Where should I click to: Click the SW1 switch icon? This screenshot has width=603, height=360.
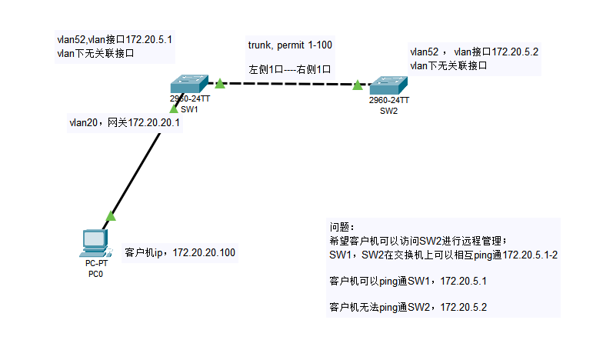pos(189,83)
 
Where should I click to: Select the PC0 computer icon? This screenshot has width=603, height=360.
pos(95,243)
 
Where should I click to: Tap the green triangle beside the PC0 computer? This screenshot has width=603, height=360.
pos(111,216)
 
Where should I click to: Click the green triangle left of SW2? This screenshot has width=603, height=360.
pos(358,85)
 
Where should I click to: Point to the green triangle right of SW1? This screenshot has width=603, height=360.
pos(219,82)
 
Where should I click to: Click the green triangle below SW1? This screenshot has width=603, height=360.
pos(174,109)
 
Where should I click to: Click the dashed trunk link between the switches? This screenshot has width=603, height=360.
pos(288,84)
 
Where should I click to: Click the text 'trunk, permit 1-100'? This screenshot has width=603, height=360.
pos(290,45)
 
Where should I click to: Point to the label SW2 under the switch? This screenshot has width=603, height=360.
pos(388,111)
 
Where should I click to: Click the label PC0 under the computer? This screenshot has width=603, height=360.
pos(95,272)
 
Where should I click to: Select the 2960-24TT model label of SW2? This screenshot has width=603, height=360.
pos(388,101)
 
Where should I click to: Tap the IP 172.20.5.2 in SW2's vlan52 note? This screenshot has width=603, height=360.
pos(515,52)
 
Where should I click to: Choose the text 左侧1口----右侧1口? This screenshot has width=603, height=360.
pos(289,69)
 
